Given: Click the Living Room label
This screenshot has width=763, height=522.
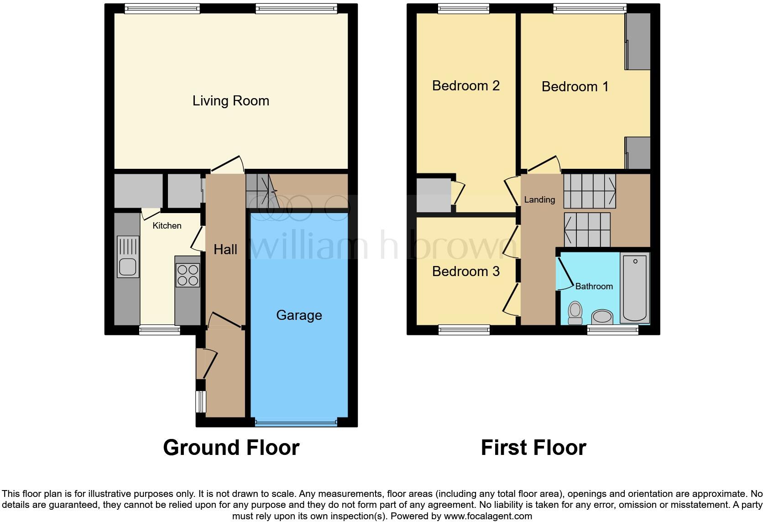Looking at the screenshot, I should [x=230, y=101].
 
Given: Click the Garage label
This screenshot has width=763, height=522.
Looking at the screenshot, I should [x=299, y=315].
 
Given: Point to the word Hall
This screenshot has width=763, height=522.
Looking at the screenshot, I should [x=225, y=249].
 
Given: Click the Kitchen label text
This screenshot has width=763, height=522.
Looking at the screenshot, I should [x=167, y=225].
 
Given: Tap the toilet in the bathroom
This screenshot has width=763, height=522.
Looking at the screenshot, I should [x=575, y=313].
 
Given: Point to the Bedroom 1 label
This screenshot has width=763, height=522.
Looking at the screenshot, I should [x=575, y=86].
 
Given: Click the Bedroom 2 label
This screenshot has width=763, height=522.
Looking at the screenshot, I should [x=465, y=85].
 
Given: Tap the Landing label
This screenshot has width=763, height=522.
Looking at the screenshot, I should [x=539, y=199].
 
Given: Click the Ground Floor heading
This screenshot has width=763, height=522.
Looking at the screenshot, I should [x=231, y=448].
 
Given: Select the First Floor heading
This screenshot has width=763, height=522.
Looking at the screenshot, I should [x=533, y=448].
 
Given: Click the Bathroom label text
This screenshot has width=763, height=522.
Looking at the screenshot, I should [x=594, y=286].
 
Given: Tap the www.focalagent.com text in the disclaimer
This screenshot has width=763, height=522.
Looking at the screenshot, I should [x=487, y=516].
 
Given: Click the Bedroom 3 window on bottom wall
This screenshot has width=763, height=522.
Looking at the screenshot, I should [x=464, y=329].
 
